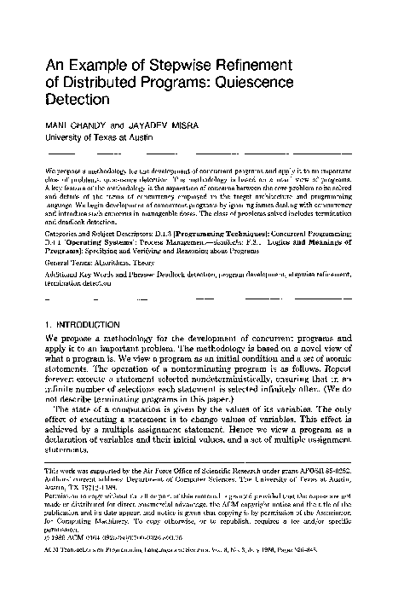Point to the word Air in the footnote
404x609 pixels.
[152, 471]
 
